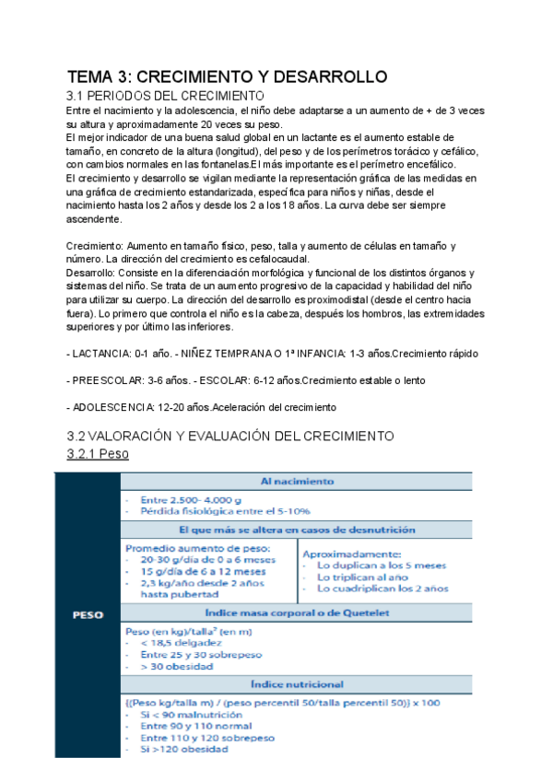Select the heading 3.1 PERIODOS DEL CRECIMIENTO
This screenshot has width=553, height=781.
tap(166, 96)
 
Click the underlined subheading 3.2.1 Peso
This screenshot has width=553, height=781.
tap(98, 454)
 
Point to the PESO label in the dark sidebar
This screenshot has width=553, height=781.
tap(88, 615)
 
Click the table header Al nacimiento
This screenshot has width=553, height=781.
tap(297, 481)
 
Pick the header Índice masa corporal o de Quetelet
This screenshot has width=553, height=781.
tap(297, 612)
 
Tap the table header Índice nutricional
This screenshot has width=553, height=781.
tap(297, 684)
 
